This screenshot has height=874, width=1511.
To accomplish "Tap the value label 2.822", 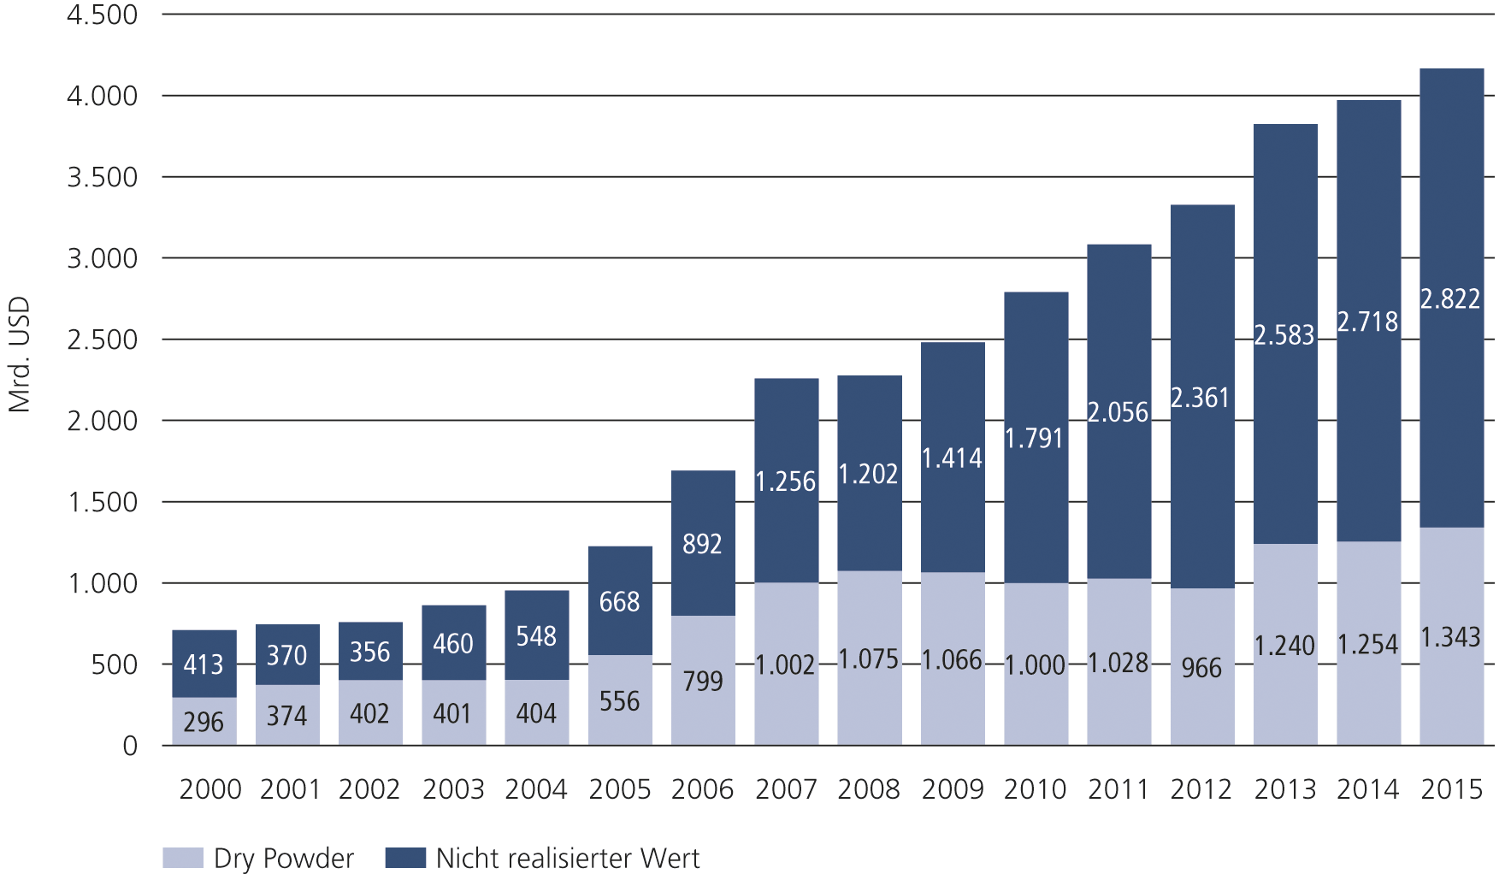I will (x=1450, y=299).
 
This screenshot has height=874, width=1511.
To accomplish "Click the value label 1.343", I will (x=1450, y=637).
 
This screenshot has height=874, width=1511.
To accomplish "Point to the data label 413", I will (x=204, y=664).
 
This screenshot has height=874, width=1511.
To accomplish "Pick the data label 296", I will (x=204, y=723).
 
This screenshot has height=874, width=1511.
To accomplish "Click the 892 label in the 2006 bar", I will (x=702, y=544).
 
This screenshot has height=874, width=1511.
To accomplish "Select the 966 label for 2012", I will (x=1201, y=667).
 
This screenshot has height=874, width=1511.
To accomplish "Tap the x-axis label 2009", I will (x=952, y=789).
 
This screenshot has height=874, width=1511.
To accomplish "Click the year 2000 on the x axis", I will (x=210, y=789).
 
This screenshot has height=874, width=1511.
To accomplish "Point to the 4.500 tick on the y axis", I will (x=103, y=15).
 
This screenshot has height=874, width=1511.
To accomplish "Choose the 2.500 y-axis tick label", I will (x=103, y=340).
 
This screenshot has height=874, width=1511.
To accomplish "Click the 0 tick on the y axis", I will (x=130, y=746).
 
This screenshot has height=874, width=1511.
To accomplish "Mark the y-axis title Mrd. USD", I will (x=19, y=354).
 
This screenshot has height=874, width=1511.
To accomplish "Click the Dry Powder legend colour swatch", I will (x=183, y=858).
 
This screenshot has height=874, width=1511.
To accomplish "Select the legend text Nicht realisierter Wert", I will (x=567, y=858).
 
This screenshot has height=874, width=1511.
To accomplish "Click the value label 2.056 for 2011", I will (x=1118, y=412).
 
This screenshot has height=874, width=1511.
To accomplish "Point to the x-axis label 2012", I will (x=1201, y=789).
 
